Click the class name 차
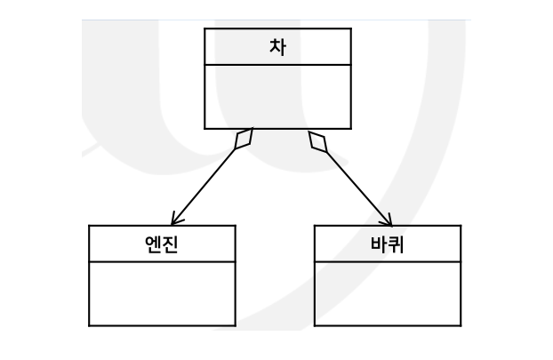click(277, 47)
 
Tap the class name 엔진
click(162, 244)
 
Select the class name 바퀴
click(388, 244)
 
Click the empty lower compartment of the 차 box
click(277, 97)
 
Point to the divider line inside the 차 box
click(277, 65)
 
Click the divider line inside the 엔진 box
click(162, 262)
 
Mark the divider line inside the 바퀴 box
click(388, 262)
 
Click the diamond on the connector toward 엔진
click(244, 139)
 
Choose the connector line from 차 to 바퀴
click(356, 184)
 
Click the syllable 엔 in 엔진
click(153, 244)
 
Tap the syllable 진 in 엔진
click(171, 244)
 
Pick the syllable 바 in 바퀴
click(379, 244)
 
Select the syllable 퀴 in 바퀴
click(397, 244)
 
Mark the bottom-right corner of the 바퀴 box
click(461, 325)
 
